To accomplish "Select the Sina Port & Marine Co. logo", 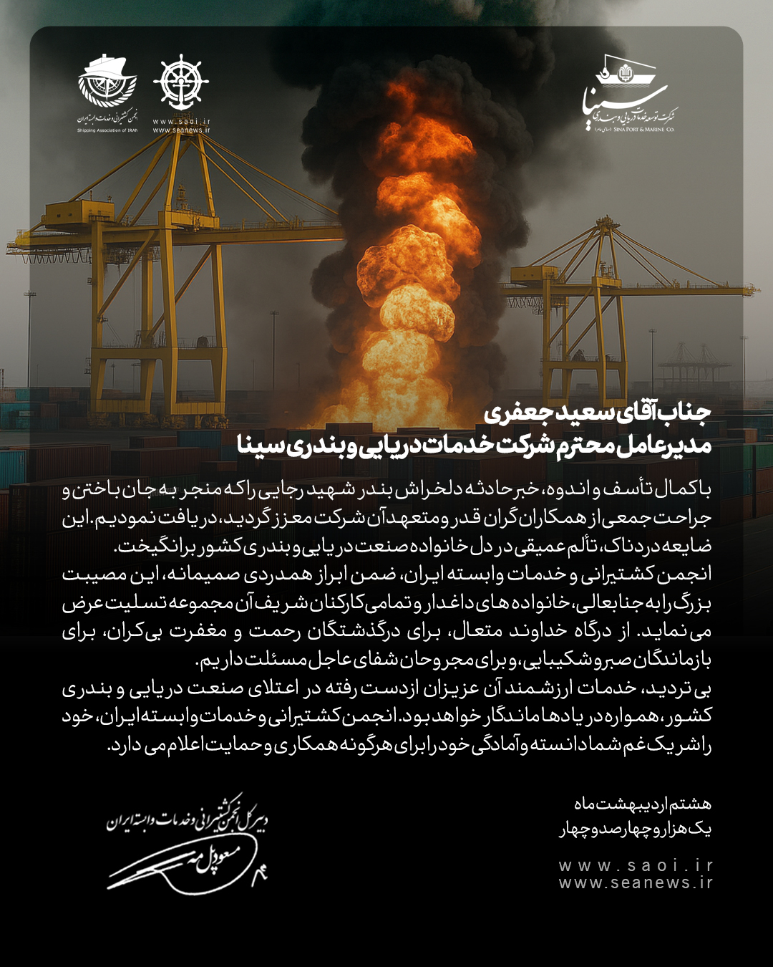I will pos(628,93).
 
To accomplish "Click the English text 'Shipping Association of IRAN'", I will pos(107,130).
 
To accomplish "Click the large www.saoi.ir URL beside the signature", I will pos(636,865).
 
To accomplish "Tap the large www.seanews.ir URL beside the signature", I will pos(636,882).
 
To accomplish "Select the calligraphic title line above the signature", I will pos(188,819).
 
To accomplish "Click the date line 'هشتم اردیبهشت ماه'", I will pos(642,804).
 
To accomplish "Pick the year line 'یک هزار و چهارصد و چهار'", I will pos(635,829).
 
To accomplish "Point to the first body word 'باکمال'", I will pos(687,489).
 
